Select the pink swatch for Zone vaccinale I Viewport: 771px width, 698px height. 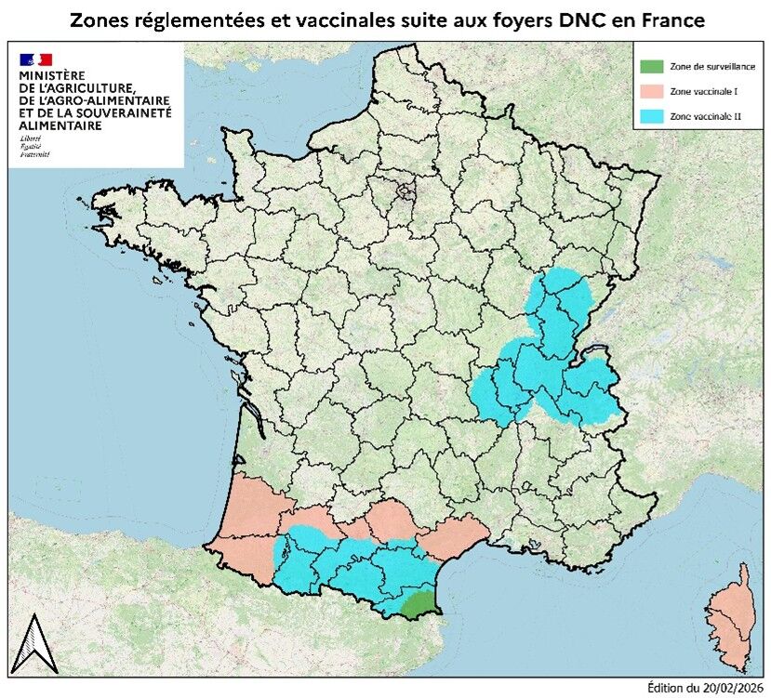tap(654, 92)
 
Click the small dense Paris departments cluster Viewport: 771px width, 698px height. tap(405, 192)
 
